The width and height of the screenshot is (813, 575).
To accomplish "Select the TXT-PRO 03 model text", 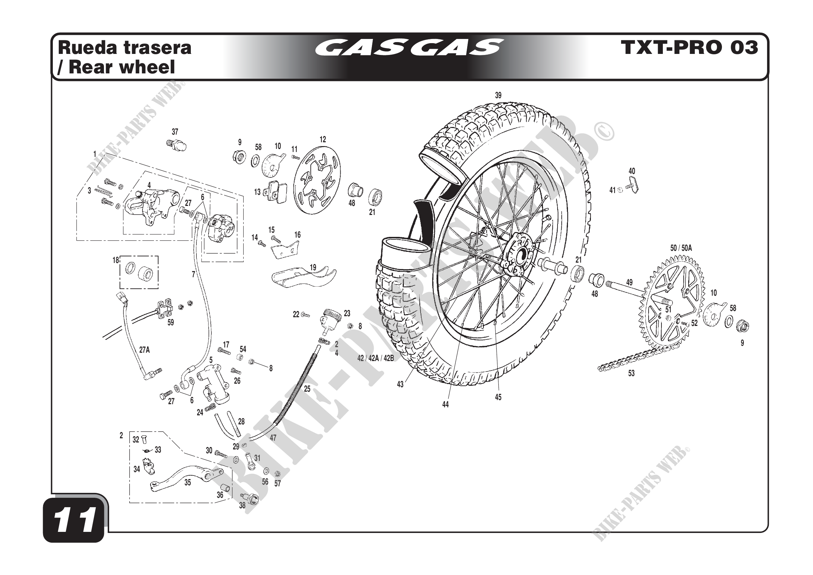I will tap(689, 47).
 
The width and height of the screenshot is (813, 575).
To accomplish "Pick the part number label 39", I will tap(498, 95).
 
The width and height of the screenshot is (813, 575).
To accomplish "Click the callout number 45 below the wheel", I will tap(498, 397).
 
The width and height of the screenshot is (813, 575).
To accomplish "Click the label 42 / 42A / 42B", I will tap(375, 358).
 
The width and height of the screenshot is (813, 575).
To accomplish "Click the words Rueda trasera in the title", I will tap(124, 47).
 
